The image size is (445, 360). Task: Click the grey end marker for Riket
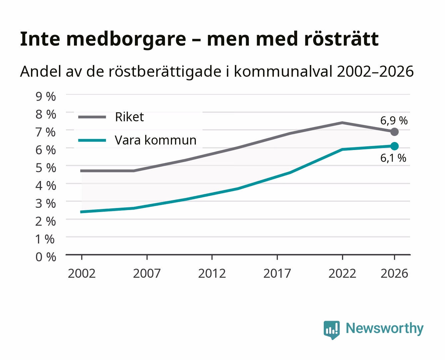(x=394, y=132)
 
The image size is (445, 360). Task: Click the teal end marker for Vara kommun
(x=394, y=146)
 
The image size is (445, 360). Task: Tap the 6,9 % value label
(x=394, y=121)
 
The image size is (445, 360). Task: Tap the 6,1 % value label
(x=393, y=158)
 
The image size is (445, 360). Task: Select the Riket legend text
(x=129, y=117)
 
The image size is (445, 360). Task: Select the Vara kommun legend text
(x=156, y=140)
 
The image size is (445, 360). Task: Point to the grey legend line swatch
(x=92, y=117)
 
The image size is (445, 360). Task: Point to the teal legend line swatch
(x=92, y=140)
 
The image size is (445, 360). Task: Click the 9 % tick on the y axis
(x=46, y=97)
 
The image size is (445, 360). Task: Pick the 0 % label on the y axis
(x=46, y=257)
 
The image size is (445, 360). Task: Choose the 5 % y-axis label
(x=46, y=168)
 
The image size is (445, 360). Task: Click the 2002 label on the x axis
(x=82, y=273)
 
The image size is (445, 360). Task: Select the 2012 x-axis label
(x=212, y=273)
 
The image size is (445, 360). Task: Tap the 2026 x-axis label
(x=394, y=273)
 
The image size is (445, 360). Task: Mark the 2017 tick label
(x=277, y=273)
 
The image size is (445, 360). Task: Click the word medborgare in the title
(x=126, y=39)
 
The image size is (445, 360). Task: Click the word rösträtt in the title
(x=341, y=39)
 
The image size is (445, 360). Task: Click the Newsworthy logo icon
(x=331, y=330)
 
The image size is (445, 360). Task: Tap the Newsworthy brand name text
(x=385, y=328)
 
